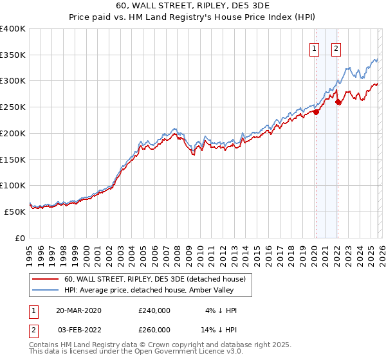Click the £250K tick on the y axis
tap(13, 107)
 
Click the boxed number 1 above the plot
tap(315, 47)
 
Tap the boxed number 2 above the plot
tap(336, 47)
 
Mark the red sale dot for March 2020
tap(316, 113)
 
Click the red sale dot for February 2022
tap(338, 102)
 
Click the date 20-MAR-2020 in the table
tap(78, 310)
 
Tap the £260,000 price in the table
tap(154, 330)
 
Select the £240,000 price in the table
tap(154, 310)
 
